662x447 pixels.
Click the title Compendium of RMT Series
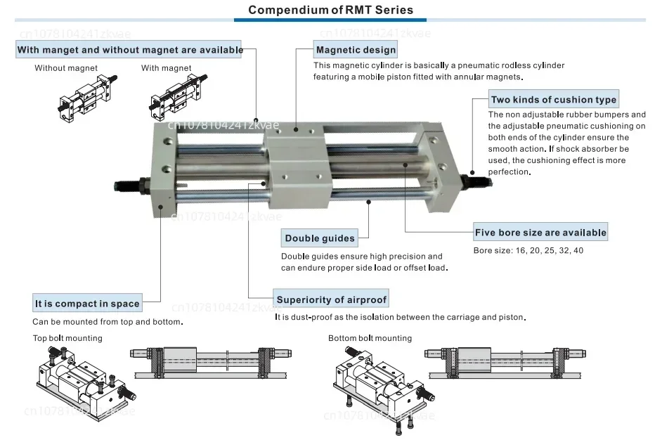[330, 10]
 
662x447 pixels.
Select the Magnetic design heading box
[356, 50]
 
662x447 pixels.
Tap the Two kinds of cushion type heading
[554, 100]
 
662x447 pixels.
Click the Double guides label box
[320, 238]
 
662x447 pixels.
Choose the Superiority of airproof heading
[331, 299]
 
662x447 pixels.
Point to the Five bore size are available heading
[540, 232]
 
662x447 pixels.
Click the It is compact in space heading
[87, 304]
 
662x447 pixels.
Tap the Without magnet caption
[66, 68]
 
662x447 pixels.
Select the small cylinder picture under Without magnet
[87, 98]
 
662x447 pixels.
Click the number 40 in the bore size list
[578, 250]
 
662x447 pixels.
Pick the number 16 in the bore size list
[521, 250]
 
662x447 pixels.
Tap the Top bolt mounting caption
[67, 338]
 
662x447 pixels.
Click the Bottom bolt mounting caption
[370, 338]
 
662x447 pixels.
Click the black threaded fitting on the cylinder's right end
[476, 180]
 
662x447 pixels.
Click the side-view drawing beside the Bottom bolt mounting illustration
[505, 363]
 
